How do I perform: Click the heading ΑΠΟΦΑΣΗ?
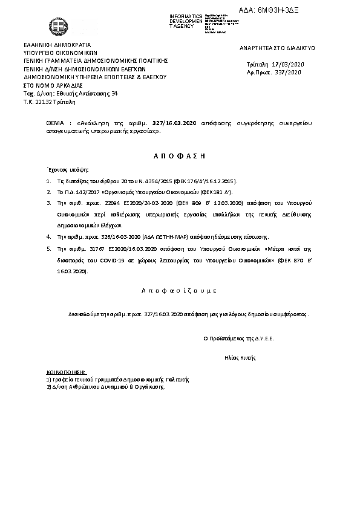click(x=179, y=156)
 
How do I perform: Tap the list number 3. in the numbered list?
click(x=48, y=204)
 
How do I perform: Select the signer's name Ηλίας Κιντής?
click(x=238, y=358)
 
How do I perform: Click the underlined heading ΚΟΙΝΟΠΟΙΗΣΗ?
click(x=67, y=372)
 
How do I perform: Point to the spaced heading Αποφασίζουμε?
click(x=178, y=291)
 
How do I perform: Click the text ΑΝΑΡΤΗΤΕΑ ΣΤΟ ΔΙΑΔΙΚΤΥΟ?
click(x=277, y=47)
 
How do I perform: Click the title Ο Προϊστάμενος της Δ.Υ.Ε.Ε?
click(x=238, y=339)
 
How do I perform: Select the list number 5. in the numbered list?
click(x=48, y=248)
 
